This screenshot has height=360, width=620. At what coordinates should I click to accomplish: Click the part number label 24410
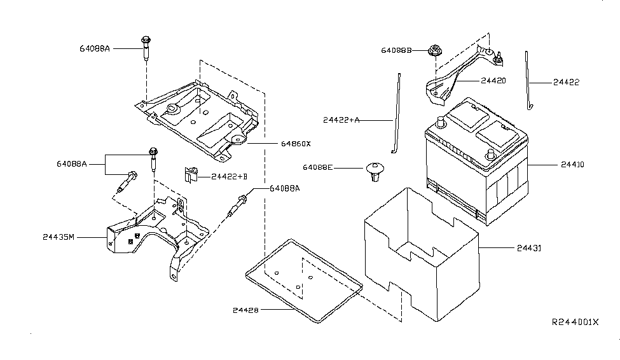pyautogui.click(x=572, y=165)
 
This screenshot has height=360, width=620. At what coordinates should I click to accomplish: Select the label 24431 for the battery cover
pyautogui.click(x=529, y=248)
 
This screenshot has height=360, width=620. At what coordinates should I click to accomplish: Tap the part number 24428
pyautogui.click(x=245, y=310)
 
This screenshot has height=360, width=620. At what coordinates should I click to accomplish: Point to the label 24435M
pyautogui.click(x=59, y=237)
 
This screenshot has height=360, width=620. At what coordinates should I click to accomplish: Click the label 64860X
pyautogui.click(x=296, y=144)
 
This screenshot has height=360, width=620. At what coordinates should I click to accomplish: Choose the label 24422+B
pyautogui.click(x=230, y=176)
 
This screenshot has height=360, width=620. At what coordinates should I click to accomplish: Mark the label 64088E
pyautogui.click(x=318, y=168)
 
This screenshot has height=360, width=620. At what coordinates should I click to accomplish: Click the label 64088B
pyautogui.click(x=396, y=51)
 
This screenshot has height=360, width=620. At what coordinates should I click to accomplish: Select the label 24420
pyautogui.click(x=493, y=81)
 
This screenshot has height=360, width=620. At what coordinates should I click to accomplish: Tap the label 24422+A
pyautogui.click(x=341, y=120)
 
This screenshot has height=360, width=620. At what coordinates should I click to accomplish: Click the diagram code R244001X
pyautogui.click(x=575, y=322)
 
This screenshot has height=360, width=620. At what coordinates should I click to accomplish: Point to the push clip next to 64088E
pyautogui.click(x=374, y=172)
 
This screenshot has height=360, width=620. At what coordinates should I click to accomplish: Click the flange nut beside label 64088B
pyautogui.click(x=434, y=51)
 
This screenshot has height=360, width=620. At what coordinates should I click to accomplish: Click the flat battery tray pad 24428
pyautogui.click(x=304, y=281)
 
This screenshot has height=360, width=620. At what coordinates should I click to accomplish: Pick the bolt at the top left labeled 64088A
pyautogui.click(x=146, y=48)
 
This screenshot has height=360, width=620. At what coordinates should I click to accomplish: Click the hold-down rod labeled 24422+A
pyautogui.click(x=397, y=113)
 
